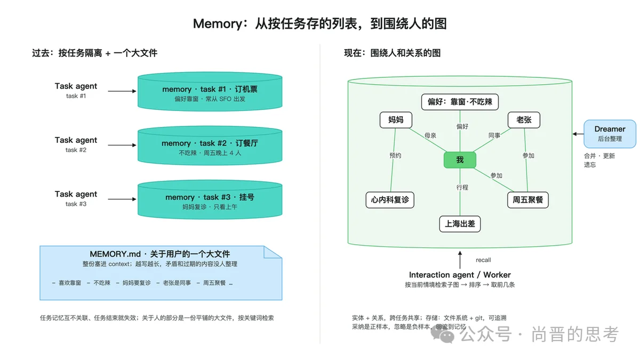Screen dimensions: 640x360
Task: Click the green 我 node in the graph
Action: [x=460, y=159]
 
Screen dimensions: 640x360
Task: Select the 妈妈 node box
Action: [x=396, y=119]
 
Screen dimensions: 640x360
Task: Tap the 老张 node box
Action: [x=524, y=119]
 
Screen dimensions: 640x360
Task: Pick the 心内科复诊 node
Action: [x=390, y=199]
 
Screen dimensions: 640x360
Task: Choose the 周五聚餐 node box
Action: [x=527, y=199]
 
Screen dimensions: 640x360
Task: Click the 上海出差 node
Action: [x=460, y=223]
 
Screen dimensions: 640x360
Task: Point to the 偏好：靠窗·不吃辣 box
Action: [x=460, y=102]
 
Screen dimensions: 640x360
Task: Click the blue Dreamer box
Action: [x=610, y=134]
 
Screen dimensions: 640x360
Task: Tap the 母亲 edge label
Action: [x=430, y=135]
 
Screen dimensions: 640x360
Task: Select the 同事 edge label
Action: [x=494, y=135]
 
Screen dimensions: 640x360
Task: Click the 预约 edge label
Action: [x=395, y=155]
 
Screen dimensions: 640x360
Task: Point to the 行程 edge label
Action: [x=462, y=187]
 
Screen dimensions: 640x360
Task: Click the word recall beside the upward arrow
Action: [x=483, y=260]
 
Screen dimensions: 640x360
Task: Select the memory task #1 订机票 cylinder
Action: [x=210, y=91]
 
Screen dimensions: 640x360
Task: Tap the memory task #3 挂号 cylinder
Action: [x=210, y=199]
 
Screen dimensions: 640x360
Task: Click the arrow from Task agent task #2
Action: [x=122, y=145]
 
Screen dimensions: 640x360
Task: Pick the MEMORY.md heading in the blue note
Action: [x=159, y=254]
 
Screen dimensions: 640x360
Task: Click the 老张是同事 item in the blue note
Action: [x=177, y=283]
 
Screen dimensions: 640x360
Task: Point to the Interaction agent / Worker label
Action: [x=460, y=275]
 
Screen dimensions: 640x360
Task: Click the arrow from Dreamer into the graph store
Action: [x=578, y=134]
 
